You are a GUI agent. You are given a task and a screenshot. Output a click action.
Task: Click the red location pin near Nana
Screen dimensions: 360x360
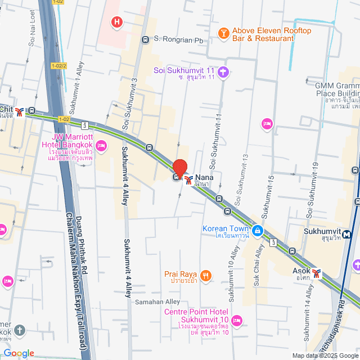tap(179, 168)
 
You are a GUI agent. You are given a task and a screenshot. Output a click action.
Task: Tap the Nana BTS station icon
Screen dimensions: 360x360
tap(188, 179)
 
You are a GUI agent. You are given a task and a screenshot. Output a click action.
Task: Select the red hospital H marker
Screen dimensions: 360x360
tap(117, 22)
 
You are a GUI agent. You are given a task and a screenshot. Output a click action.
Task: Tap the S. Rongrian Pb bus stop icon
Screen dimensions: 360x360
tap(145, 39)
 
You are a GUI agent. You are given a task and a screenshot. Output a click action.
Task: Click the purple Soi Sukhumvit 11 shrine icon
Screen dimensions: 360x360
tap(224, 71)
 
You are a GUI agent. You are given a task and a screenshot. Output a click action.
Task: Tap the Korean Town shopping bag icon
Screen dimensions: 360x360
tap(257, 230)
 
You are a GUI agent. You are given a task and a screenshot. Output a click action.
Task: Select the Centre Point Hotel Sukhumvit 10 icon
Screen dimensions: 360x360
tap(237, 320)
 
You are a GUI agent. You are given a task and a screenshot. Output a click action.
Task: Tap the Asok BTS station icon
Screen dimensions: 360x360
tap(318, 273)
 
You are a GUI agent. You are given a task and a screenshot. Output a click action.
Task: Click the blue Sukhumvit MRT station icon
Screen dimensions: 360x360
tap(348, 234)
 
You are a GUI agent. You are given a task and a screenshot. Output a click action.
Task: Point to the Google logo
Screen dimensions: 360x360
tap(18, 353)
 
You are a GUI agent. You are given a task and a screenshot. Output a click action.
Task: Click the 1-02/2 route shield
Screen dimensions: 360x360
tap(58, 66)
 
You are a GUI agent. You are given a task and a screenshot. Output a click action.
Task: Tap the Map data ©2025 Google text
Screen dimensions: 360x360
tap(325, 355)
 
